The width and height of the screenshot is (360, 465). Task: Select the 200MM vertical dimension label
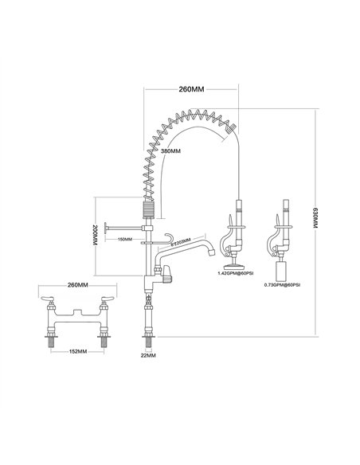[96, 236]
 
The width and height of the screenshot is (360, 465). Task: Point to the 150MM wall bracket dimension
[123, 239]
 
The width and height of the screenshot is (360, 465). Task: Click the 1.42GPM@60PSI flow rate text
[236, 273]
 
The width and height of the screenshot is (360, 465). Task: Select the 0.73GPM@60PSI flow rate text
[283, 284]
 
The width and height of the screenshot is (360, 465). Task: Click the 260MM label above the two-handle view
[78, 285]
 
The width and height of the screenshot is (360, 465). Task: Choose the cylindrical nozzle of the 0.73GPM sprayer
[283, 269]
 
